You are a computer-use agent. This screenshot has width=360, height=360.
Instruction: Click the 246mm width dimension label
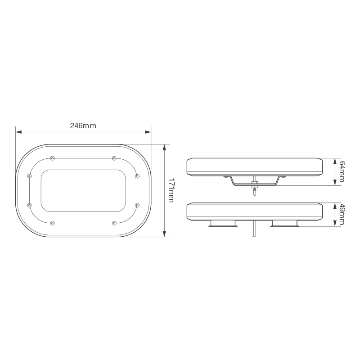coord(83,126)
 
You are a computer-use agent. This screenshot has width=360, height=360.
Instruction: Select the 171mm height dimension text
coord(171,190)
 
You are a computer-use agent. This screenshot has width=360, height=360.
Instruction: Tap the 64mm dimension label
coord(342,171)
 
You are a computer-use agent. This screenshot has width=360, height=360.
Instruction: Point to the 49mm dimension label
coord(342,215)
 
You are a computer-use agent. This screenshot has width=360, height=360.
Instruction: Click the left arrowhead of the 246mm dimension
coord(18,132)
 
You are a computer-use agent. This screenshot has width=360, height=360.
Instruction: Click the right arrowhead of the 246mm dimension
coord(148,132)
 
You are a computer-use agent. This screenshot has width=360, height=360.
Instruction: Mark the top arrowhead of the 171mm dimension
coord(165,146)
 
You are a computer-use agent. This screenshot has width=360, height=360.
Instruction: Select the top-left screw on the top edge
coord(53,158)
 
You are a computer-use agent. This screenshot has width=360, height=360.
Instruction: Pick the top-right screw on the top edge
coord(114,158)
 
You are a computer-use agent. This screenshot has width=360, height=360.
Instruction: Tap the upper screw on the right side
coord(137,176)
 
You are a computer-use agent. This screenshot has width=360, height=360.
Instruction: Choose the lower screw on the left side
coord(30,205)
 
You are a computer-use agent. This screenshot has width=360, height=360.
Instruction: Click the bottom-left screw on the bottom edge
coord(53,223)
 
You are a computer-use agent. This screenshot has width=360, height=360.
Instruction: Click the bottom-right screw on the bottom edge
coord(114,223)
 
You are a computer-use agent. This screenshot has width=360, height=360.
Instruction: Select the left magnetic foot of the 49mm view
coord(223,224)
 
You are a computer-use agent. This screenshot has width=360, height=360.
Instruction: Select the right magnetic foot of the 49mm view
coord(285,224)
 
